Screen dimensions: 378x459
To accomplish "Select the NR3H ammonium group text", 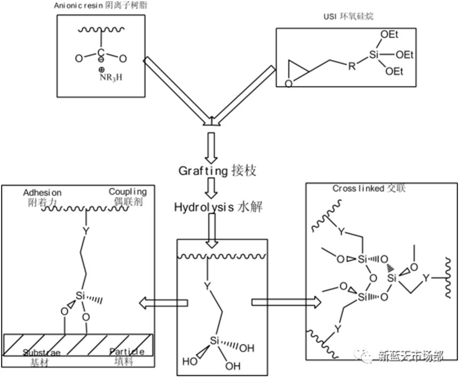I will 111,77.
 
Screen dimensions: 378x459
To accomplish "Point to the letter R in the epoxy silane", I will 351,67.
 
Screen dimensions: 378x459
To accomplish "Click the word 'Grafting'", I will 203,171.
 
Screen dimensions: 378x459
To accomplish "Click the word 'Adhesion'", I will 42,192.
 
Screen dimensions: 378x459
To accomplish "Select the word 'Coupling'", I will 128,192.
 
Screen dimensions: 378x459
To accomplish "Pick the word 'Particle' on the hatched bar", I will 127,352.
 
